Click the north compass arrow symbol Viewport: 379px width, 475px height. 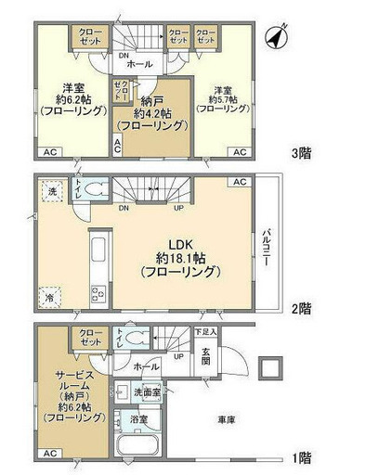pyautogui.click(x=273, y=38)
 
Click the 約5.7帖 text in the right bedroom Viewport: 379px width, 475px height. pyautogui.click(x=222, y=97)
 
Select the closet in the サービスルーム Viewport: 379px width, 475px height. pyautogui.click(x=90, y=337)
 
